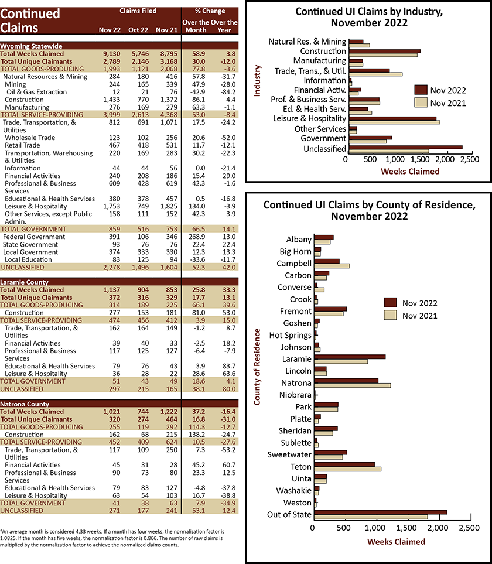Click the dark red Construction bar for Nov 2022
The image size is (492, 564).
384,51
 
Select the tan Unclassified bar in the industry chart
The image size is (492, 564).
389,151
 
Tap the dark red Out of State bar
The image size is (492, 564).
381,512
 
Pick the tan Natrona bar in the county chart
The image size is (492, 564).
353,385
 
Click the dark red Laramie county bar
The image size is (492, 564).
350,357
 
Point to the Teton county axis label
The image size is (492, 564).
301,467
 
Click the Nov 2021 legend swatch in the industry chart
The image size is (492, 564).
421,103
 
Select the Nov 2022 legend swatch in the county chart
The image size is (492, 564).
390,303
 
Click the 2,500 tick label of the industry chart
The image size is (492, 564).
470,159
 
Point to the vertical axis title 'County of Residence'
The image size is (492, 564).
257,367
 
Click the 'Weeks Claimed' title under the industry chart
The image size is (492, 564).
410,171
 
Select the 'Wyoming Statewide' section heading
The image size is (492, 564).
31,46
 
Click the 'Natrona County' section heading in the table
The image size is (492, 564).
25,404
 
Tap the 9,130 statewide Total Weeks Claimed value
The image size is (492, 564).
111,54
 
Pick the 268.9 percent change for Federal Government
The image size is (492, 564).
197,237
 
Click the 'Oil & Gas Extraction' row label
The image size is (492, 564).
36,92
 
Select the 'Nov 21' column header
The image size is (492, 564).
166,30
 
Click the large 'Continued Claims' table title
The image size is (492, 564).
30,20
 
